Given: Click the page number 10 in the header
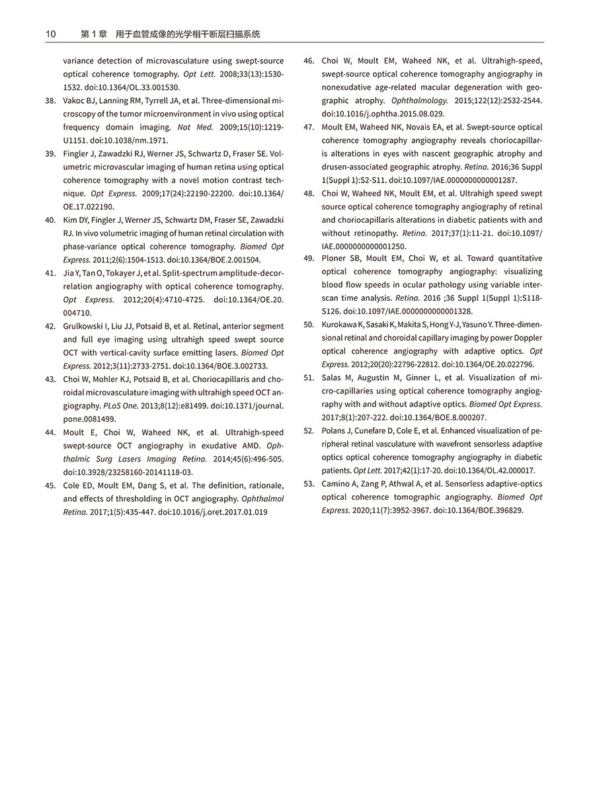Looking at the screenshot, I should point(51,34).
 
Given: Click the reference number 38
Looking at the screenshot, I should point(50,101).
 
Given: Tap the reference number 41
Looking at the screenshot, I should point(50,273).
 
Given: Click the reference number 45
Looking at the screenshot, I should point(50,485).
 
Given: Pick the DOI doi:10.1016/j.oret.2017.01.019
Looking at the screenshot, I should point(213,512).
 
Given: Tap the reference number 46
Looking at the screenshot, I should point(309,61).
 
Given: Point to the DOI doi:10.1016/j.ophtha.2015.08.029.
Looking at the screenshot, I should point(383,114).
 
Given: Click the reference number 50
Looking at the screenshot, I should point(309,325).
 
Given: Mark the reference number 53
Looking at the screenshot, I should point(309,484).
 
